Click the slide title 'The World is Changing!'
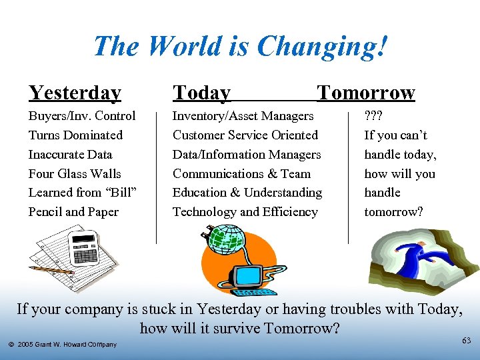tap(240, 47)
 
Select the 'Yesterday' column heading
tap(75, 93)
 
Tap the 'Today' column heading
tap(201, 93)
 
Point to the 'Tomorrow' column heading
tap(366, 93)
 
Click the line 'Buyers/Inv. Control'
tap(82, 116)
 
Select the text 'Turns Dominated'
tap(75, 135)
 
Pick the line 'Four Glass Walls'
tap(75, 174)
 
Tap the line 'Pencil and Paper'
tap(73, 212)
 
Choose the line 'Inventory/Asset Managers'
tap(243, 116)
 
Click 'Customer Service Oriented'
tap(245, 135)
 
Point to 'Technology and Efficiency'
tap(245, 212)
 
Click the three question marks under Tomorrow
tap(373, 116)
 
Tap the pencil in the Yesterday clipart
tap(51, 270)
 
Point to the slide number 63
tap(466, 341)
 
